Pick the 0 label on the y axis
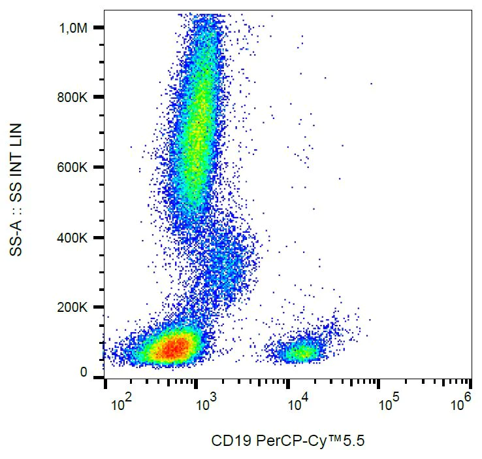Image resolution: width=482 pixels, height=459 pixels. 84,373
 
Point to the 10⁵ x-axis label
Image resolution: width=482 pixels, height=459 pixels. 389,404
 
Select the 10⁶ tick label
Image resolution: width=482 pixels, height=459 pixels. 460,404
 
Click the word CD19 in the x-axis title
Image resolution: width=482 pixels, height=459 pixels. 228,441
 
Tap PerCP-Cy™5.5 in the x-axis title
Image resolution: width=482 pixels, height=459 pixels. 306,441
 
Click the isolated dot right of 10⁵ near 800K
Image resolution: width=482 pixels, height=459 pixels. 371,84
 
